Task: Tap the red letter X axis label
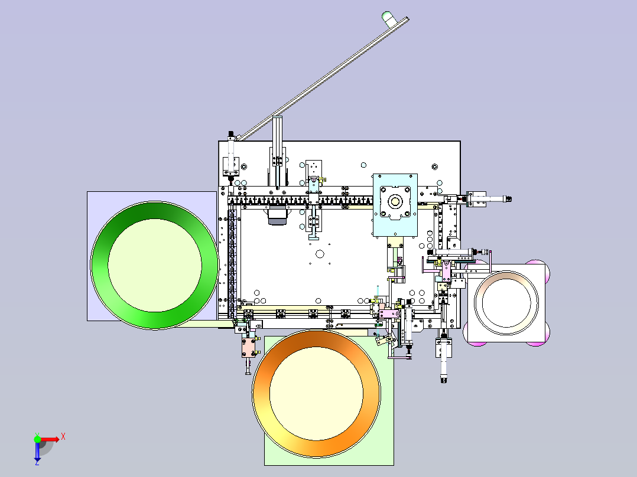(63, 437)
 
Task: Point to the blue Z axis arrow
(37, 452)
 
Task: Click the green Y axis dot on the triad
(37, 439)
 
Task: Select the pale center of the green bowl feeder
(155, 266)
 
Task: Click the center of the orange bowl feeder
(317, 393)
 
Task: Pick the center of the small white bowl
(506, 302)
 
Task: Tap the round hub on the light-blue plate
(395, 201)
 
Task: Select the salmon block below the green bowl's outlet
(249, 348)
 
